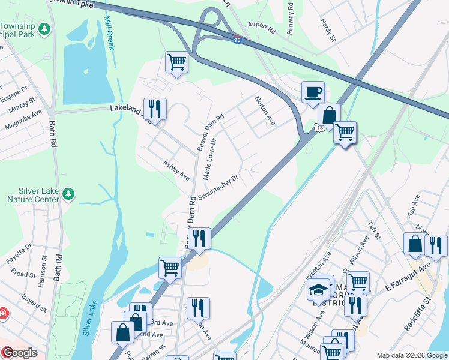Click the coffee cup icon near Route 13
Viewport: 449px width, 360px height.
pos(313,92)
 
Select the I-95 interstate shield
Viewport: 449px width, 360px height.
pos(238,40)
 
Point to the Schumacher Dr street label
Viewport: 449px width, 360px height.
pos(220,187)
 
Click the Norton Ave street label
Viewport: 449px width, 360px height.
pos(265,110)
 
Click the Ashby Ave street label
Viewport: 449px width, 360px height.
pos(176,170)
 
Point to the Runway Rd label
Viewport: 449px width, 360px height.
pos(291,18)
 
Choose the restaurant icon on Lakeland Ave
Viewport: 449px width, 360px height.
pos(155,109)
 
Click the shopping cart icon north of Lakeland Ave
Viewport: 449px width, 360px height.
pos(176,61)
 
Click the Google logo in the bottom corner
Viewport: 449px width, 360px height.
pos(20,353)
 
